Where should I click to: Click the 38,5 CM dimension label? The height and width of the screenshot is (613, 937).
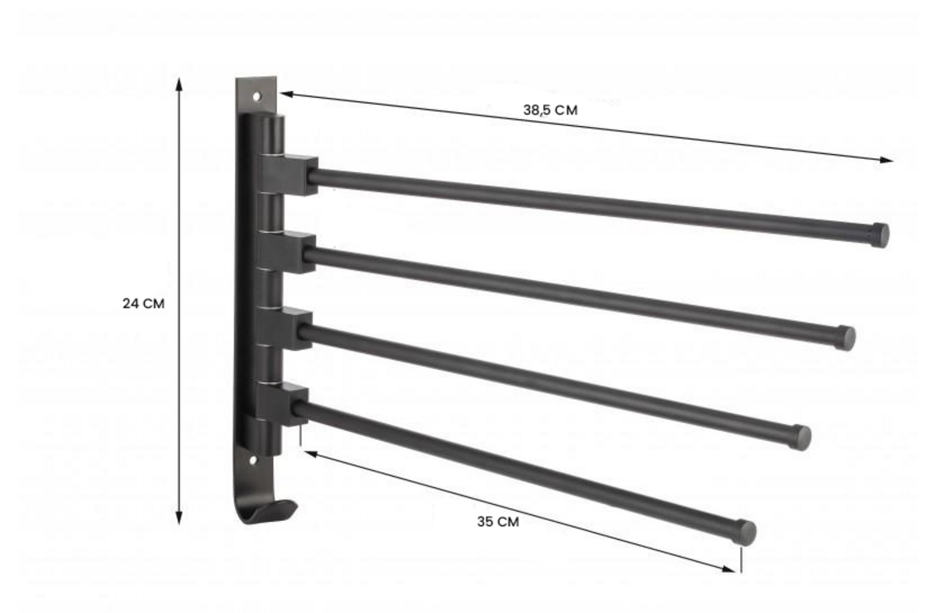pyautogui.click(x=551, y=110)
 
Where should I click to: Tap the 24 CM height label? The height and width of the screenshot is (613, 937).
pyautogui.click(x=144, y=303)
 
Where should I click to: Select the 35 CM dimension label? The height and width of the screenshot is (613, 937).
pyautogui.click(x=497, y=521)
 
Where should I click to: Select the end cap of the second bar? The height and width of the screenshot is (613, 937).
pyautogui.click(x=846, y=337)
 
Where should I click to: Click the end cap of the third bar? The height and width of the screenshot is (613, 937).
pyautogui.click(x=802, y=437)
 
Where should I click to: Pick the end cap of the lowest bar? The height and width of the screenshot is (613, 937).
pyautogui.click(x=745, y=533)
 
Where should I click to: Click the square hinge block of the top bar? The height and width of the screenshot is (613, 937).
pyautogui.click(x=299, y=175)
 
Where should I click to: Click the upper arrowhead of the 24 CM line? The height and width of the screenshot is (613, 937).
pyautogui.click(x=179, y=83)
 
